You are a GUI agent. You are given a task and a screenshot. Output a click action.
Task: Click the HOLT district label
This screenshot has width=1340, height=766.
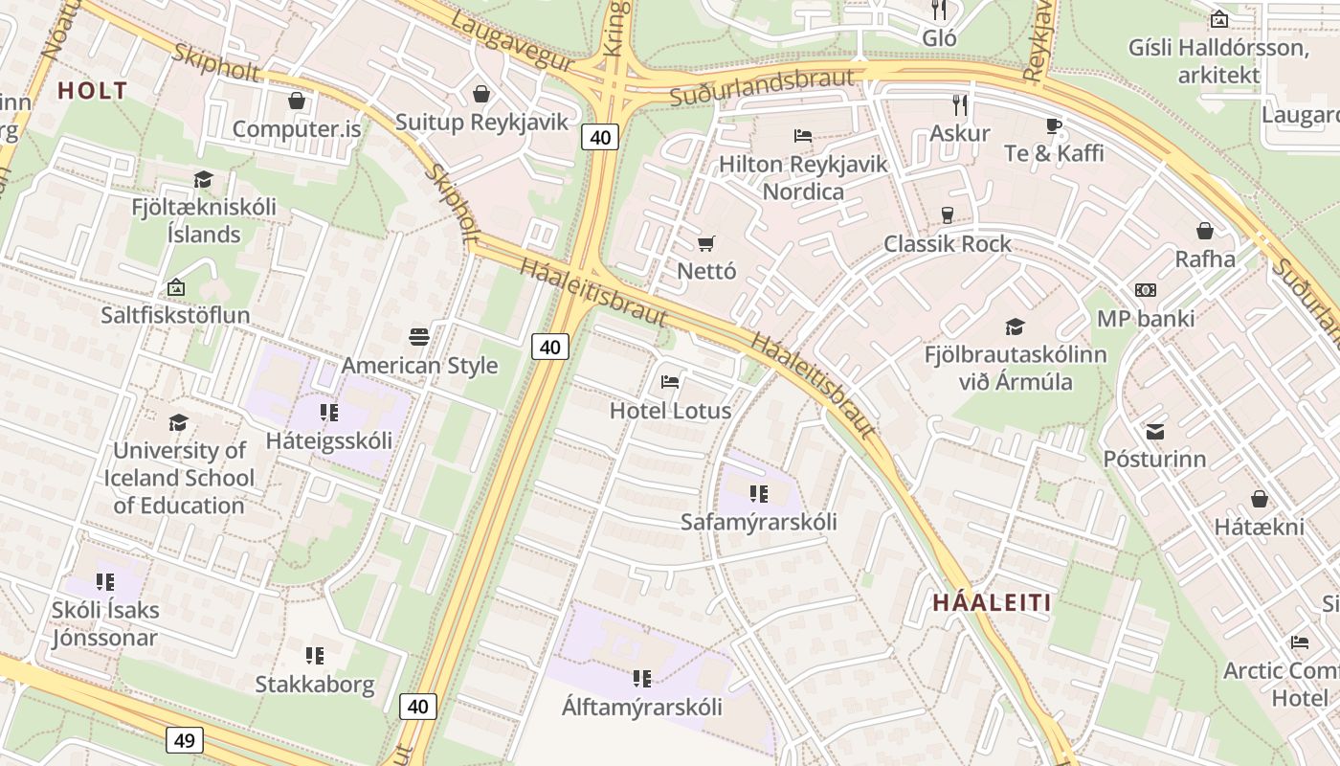[x=92, y=91]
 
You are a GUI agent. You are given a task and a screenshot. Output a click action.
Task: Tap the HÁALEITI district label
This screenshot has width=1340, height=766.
[x=992, y=602]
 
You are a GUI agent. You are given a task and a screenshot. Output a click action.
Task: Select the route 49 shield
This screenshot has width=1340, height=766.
[x=184, y=739]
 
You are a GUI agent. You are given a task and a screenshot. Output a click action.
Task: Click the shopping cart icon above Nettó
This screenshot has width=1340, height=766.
[x=706, y=243]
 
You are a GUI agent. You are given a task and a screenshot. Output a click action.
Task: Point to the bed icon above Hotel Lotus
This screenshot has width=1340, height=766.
[x=670, y=382]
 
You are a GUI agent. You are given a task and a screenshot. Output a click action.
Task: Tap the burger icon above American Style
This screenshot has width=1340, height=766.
[x=419, y=337]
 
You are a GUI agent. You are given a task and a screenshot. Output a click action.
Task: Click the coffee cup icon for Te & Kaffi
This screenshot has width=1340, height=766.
[x=1053, y=125]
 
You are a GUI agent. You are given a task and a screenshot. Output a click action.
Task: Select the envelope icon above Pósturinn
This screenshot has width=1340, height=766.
[x=1155, y=431]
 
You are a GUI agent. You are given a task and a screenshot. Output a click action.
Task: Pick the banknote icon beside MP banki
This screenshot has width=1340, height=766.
[x=1146, y=290]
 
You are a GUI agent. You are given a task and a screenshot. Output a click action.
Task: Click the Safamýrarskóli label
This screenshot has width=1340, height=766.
[x=758, y=522]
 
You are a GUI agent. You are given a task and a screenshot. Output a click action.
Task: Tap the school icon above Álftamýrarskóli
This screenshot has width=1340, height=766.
[x=641, y=679]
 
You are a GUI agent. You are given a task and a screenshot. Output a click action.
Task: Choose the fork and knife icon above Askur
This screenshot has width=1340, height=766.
[x=959, y=104]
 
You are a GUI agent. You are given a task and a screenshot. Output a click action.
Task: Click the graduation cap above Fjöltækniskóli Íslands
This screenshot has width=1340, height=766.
[x=203, y=179]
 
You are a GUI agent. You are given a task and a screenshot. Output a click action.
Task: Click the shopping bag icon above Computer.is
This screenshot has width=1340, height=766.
[x=297, y=101]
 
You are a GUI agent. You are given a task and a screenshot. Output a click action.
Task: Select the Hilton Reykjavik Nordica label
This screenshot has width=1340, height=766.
[x=803, y=177]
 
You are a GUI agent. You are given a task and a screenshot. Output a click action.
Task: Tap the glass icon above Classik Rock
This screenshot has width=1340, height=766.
[x=948, y=215]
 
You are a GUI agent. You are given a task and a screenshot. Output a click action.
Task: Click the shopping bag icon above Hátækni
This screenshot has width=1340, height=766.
[x=1260, y=499]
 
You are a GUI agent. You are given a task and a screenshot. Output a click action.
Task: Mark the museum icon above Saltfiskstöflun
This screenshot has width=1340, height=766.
[x=176, y=286]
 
